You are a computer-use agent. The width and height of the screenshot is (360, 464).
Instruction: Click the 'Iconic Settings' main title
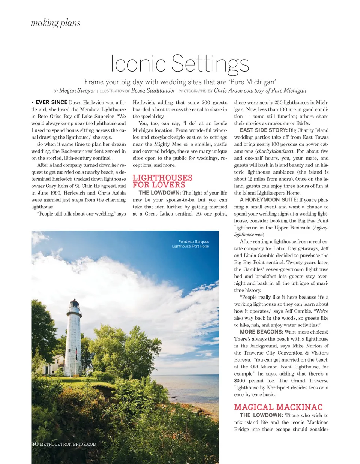[x=180, y=63]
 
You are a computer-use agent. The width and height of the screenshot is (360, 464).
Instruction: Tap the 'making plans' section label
[x=55, y=23]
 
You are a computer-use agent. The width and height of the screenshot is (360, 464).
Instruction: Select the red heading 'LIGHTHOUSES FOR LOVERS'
[x=162, y=181]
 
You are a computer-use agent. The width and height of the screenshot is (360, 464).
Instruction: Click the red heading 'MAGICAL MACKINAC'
[x=278, y=407]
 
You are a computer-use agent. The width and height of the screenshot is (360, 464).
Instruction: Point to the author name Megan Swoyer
[x=77, y=91]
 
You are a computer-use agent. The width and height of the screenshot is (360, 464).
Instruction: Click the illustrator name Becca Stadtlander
[x=153, y=91]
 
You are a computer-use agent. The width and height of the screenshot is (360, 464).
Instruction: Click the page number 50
[x=34, y=444]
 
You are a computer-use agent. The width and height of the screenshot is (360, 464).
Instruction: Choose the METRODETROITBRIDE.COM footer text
[x=68, y=444]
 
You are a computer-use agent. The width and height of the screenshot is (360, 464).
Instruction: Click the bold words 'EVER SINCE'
[x=51, y=102]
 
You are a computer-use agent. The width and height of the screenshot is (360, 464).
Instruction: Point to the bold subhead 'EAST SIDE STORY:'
[x=264, y=130]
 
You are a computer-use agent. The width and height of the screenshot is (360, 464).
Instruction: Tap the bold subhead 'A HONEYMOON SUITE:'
[x=269, y=200]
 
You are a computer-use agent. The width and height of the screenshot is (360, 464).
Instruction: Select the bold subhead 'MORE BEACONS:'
[x=261, y=332]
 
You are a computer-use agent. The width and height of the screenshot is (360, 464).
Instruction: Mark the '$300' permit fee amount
[x=240, y=380]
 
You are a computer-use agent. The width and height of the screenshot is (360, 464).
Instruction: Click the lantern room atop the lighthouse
[x=74, y=304]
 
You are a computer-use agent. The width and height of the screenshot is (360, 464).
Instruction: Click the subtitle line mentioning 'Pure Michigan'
[x=180, y=82]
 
